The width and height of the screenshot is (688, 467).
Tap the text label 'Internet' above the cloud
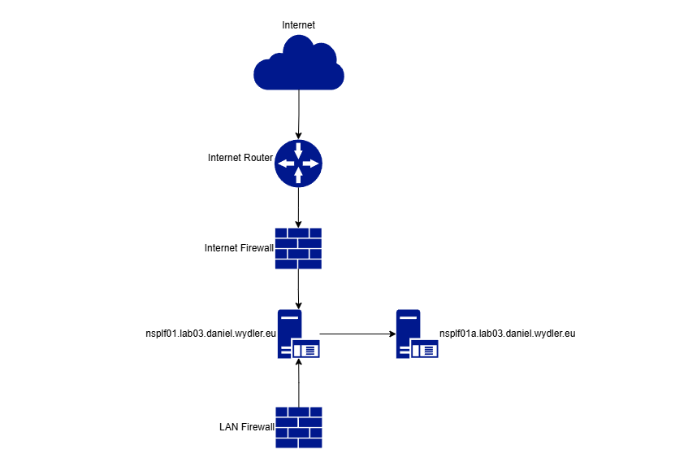[298, 25]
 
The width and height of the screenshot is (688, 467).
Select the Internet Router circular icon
[298, 163]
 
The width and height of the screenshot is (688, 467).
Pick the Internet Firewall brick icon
[298, 248]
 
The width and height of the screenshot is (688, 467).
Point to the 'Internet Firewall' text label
[240, 247]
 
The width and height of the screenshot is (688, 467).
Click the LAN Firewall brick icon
[298, 426]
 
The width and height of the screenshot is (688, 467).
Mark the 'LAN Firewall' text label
[246, 426]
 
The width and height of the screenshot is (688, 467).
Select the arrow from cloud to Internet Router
[299, 114]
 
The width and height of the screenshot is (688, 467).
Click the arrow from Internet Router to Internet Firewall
[299, 207]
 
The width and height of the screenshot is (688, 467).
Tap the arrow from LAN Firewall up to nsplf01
[299, 382]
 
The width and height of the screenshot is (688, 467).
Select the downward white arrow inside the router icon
[299, 151]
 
